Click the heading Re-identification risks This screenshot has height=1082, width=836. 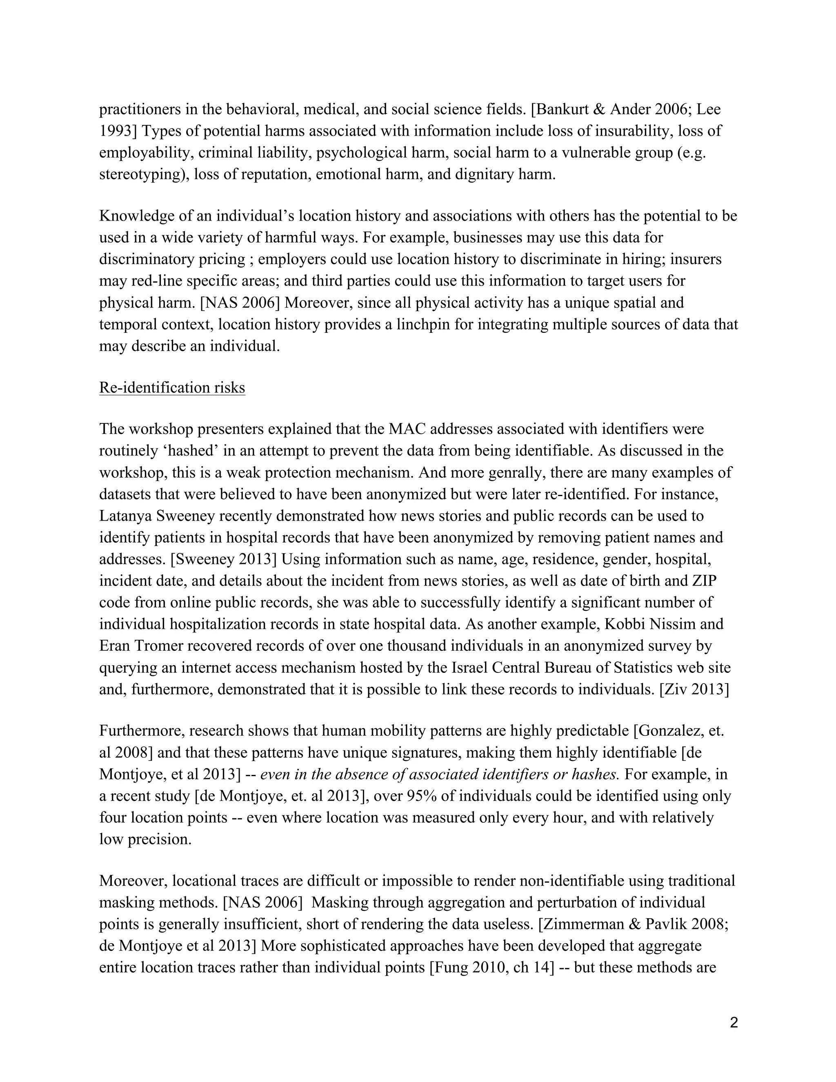pyautogui.click(x=172, y=387)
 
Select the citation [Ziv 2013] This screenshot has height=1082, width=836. pyautogui.click(x=694, y=690)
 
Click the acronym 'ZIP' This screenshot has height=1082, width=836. pyautogui.click(x=704, y=581)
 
